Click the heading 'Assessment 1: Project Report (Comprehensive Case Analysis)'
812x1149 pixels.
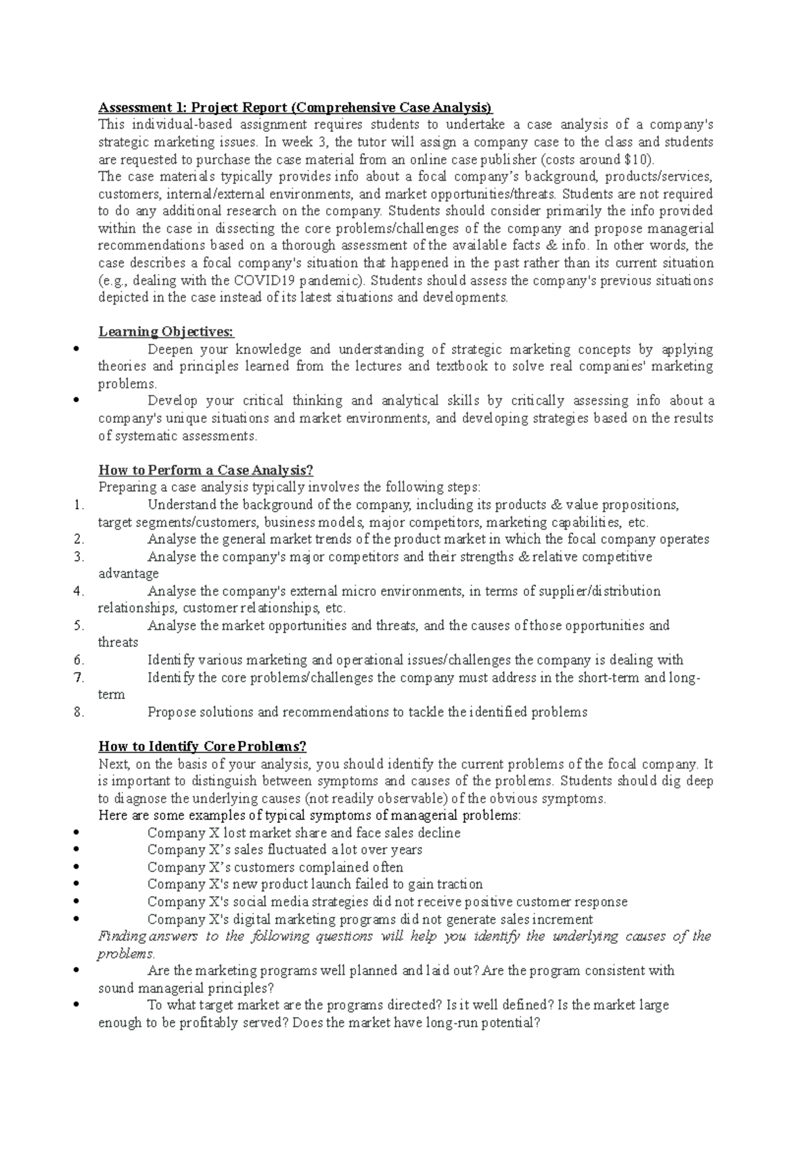[296, 108]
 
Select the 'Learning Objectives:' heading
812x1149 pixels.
[166, 332]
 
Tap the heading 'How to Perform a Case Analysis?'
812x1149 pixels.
[206, 470]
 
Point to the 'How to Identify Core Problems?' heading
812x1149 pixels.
[202, 746]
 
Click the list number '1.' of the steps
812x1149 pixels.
[78, 505]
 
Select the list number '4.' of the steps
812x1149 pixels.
[78, 591]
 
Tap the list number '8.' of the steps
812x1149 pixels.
[78, 712]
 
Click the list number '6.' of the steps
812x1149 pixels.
[78, 660]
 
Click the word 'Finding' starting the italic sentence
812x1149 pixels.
[122, 937]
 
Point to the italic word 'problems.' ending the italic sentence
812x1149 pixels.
[127, 954]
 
